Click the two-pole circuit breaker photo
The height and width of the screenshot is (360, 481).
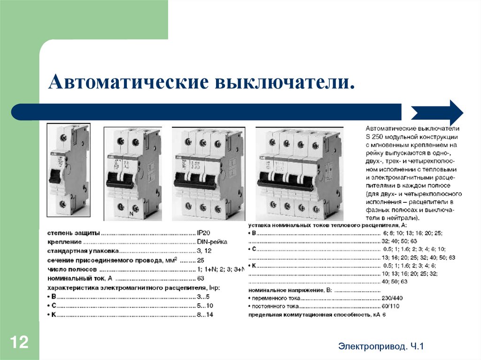[x=132, y=173]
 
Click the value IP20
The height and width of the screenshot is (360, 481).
[x=204, y=233]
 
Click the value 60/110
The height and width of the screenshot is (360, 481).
[x=391, y=306]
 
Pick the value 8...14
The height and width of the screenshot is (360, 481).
[x=205, y=314]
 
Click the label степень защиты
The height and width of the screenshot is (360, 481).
[x=73, y=233]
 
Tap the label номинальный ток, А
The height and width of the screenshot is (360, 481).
[x=77, y=278]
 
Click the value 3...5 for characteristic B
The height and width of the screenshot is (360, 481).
[x=204, y=297]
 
